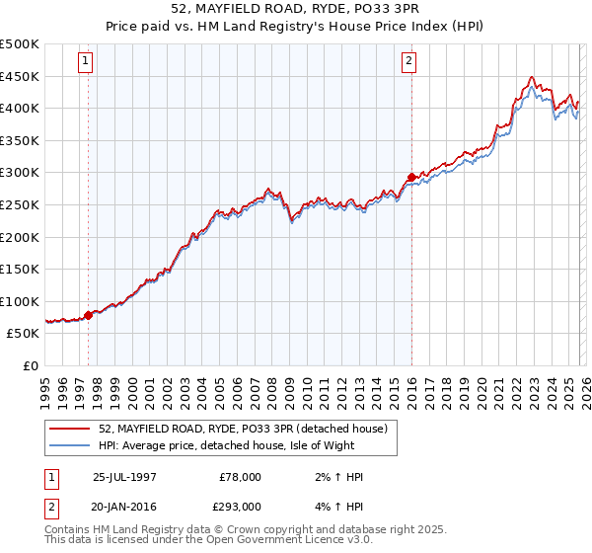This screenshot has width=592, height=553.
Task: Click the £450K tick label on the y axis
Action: pos(20,76)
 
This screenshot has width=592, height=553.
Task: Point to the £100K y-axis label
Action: pos(20,301)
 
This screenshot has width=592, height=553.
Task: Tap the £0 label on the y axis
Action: pos(30,365)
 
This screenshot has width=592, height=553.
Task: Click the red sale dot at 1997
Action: pos(89,315)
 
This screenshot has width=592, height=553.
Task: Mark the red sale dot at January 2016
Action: pos(411,178)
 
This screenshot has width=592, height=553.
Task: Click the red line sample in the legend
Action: pos(71,430)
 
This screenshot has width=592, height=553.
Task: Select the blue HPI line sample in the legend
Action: pos(71,446)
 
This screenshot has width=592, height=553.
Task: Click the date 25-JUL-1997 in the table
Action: pos(126,477)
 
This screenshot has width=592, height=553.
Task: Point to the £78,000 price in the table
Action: pos(241,477)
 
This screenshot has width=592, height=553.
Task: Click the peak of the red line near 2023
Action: pos(532,77)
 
